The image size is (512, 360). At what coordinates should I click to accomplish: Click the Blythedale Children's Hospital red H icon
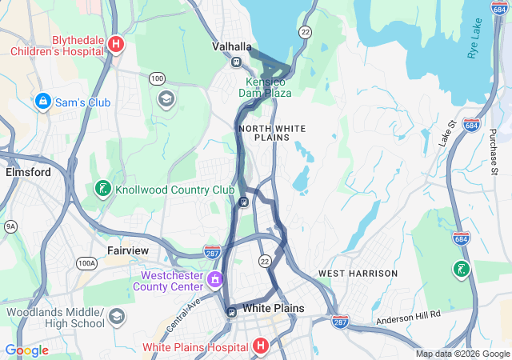pyautogui.click(x=116, y=44)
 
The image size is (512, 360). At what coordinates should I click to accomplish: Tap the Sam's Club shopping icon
pyautogui.click(x=42, y=102)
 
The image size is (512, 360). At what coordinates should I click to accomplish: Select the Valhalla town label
pyautogui.click(x=232, y=46)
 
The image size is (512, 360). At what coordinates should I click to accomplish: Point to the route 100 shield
pyautogui.click(x=157, y=78)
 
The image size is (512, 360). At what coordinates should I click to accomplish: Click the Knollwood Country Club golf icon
pyautogui.click(x=102, y=190)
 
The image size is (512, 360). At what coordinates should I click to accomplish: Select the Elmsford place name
pyautogui.click(x=28, y=172)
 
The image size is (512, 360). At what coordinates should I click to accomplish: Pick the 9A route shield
pyautogui.click(x=10, y=226)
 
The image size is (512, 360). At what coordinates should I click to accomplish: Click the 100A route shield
pyautogui.click(x=86, y=262)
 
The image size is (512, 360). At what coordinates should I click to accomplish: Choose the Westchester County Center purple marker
pyautogui.click(x=214, y=280)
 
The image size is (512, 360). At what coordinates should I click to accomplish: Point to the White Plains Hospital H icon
pyautogui.click(x=259, y=346)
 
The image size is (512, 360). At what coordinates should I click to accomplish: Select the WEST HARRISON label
pyautogui.click(x=358, y=274)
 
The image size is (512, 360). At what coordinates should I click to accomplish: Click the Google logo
pyautogui.click(x=26, y=350)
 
